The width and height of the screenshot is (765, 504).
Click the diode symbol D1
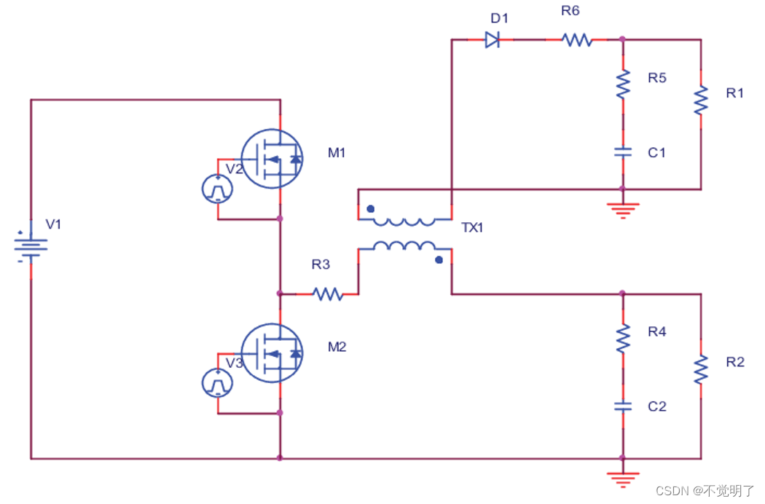(x=493, y=40)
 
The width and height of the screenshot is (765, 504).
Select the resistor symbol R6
(x=577, y=40)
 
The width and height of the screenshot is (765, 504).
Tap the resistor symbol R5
(x=623, y=84)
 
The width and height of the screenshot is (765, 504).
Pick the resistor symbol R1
(x=700, y=100)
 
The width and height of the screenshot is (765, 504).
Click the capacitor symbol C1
(x=623, y=152)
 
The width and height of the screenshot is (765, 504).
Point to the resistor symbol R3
(x=327, y=294)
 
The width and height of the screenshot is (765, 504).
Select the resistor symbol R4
(x=623, y=338)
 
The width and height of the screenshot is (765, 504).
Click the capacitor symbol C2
(x=623, y=406)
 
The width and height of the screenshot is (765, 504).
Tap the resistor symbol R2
(x=700, y=369)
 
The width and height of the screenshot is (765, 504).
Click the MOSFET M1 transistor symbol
(x=272, y=159)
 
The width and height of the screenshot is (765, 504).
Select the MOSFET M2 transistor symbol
(x=272, y=353)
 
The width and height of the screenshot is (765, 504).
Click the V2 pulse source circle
(x=217, y=189)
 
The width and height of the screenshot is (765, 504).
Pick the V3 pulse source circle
(x=217, y=383)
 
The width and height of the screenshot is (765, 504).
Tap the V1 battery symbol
(x=31, y=246)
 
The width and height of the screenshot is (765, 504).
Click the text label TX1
(x=473, y=228)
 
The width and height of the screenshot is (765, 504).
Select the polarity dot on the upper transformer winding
(x=370, y=208)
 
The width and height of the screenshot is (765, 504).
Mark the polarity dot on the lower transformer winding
(x=439, y=259)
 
